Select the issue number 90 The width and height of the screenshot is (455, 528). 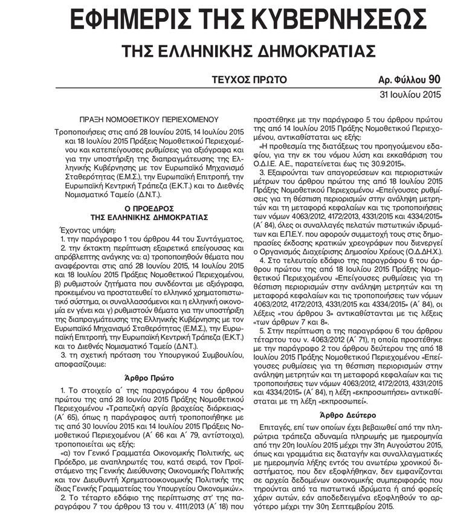tap(434, 79)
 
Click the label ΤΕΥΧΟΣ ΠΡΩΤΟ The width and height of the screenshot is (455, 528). tap(249, 80)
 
